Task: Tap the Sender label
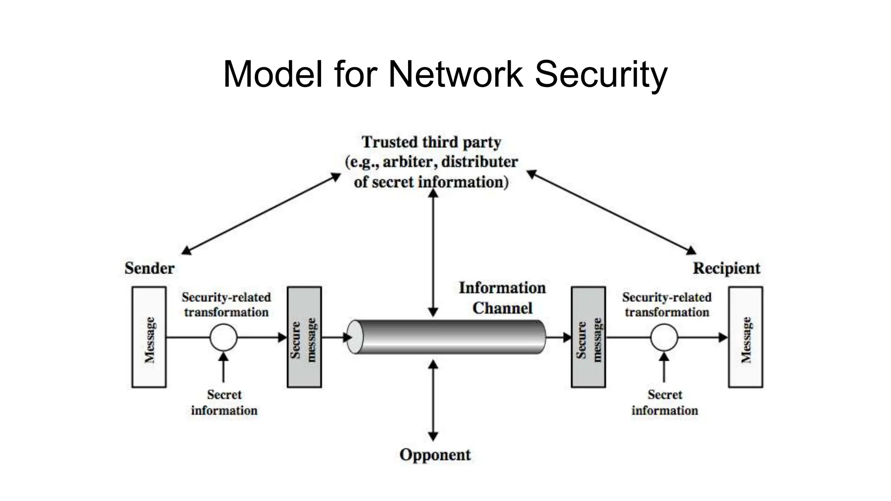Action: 149,268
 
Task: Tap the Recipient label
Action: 726,268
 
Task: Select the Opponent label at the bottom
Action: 435,455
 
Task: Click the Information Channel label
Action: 502,298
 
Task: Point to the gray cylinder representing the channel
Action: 448,337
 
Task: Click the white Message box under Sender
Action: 149,337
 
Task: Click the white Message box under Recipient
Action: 745,337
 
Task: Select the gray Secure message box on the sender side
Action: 304,337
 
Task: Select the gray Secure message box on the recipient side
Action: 588,337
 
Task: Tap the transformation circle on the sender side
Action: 223,337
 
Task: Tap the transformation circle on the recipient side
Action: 664,337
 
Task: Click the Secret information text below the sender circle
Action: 224,402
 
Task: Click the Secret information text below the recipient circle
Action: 664,402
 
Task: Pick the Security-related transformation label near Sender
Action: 226,304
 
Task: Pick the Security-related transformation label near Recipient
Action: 667,304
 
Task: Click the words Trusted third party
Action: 431,142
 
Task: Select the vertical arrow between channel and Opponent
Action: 433,400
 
